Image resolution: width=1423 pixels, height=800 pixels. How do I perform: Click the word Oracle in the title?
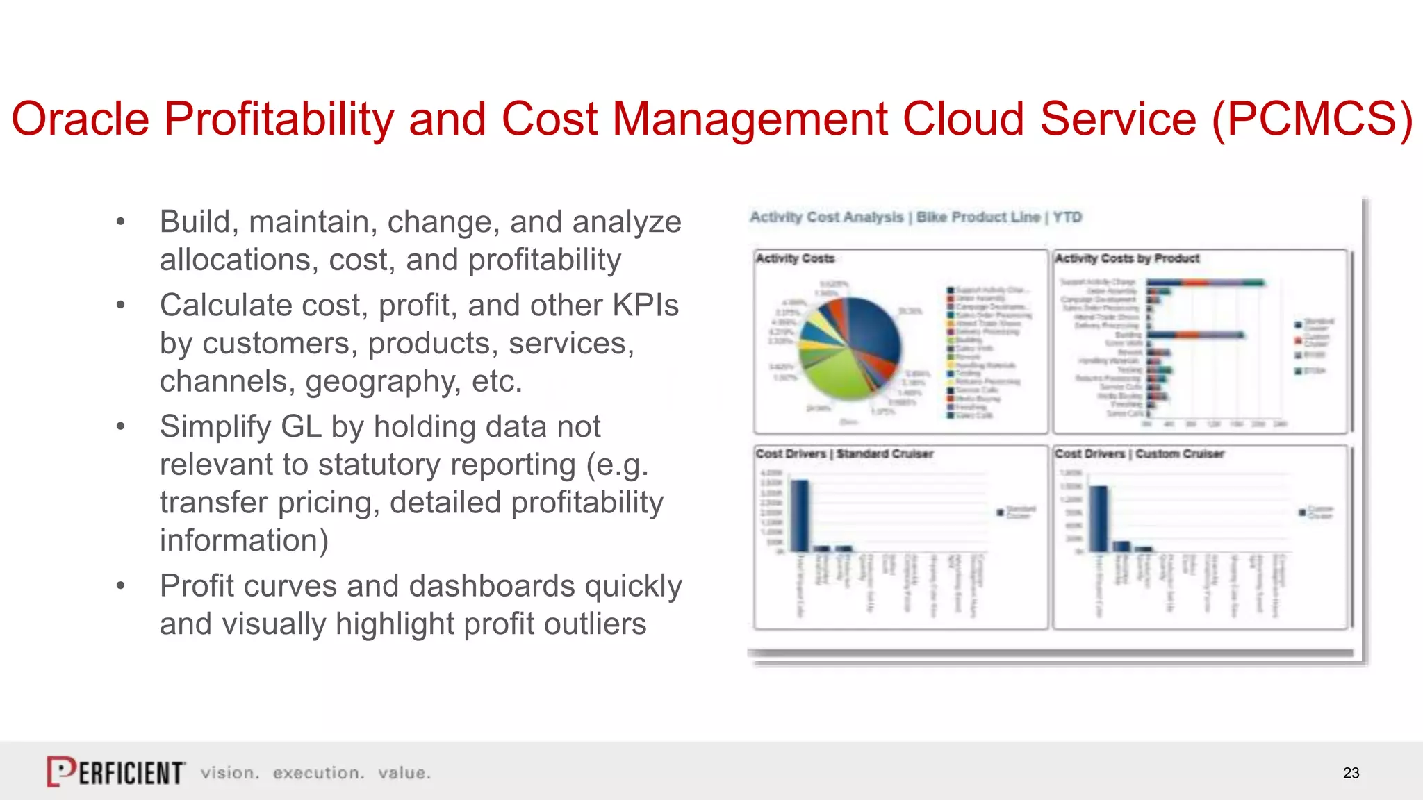80,119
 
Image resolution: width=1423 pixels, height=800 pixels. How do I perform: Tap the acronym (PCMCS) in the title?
1312,119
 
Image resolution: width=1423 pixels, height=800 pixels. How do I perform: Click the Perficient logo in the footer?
115,772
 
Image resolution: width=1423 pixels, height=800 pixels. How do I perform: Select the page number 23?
1351,773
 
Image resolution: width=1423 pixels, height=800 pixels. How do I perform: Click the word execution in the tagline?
318,773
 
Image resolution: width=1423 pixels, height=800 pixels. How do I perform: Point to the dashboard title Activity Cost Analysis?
826,217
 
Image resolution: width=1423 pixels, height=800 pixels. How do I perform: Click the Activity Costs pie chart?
849,347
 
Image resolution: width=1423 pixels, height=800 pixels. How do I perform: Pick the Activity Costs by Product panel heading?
1127,258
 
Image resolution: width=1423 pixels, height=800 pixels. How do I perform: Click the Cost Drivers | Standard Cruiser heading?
844,454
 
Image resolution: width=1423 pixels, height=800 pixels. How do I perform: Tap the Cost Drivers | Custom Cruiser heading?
1140,454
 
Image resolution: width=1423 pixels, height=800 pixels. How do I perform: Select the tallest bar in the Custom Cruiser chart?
1099,518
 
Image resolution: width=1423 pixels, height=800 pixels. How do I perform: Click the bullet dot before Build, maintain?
121,222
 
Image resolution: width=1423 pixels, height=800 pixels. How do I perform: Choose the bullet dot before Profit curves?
121,586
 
